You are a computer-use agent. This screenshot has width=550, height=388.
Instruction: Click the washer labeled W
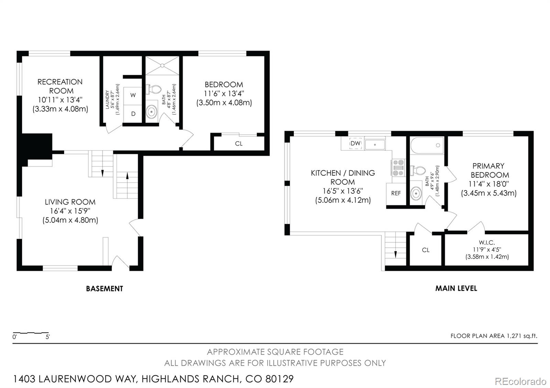point(133,96)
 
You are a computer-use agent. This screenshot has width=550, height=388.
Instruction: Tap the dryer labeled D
point(133,114)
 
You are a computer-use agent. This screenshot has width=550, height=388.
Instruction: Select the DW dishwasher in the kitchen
point(355,143)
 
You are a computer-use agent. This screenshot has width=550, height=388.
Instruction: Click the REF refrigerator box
point(396,194)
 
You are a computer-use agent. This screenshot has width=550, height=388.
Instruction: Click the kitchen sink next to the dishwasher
point(375,144)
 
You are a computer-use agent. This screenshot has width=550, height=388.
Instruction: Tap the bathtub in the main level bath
point(427,146)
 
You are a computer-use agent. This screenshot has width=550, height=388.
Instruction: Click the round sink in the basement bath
point(152,112)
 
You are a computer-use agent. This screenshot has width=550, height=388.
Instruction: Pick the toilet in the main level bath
point(418,170)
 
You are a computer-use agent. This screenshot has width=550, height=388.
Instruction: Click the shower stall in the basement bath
point(162,66)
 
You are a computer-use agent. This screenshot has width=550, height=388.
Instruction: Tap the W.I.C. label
point(487,242)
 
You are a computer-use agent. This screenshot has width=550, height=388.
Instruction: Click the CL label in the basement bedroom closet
point(239,144)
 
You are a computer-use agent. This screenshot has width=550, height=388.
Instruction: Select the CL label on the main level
point(426,250)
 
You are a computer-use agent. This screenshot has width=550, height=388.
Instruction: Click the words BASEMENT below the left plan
point(104,289)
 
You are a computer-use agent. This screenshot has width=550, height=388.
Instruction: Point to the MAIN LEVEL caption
point(456,288)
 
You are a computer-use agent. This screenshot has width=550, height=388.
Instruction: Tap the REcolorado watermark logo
point(520,381)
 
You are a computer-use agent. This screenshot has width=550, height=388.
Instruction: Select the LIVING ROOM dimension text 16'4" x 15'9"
point(70,211)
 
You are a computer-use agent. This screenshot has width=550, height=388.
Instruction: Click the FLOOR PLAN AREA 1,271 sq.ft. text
point(494,336)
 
